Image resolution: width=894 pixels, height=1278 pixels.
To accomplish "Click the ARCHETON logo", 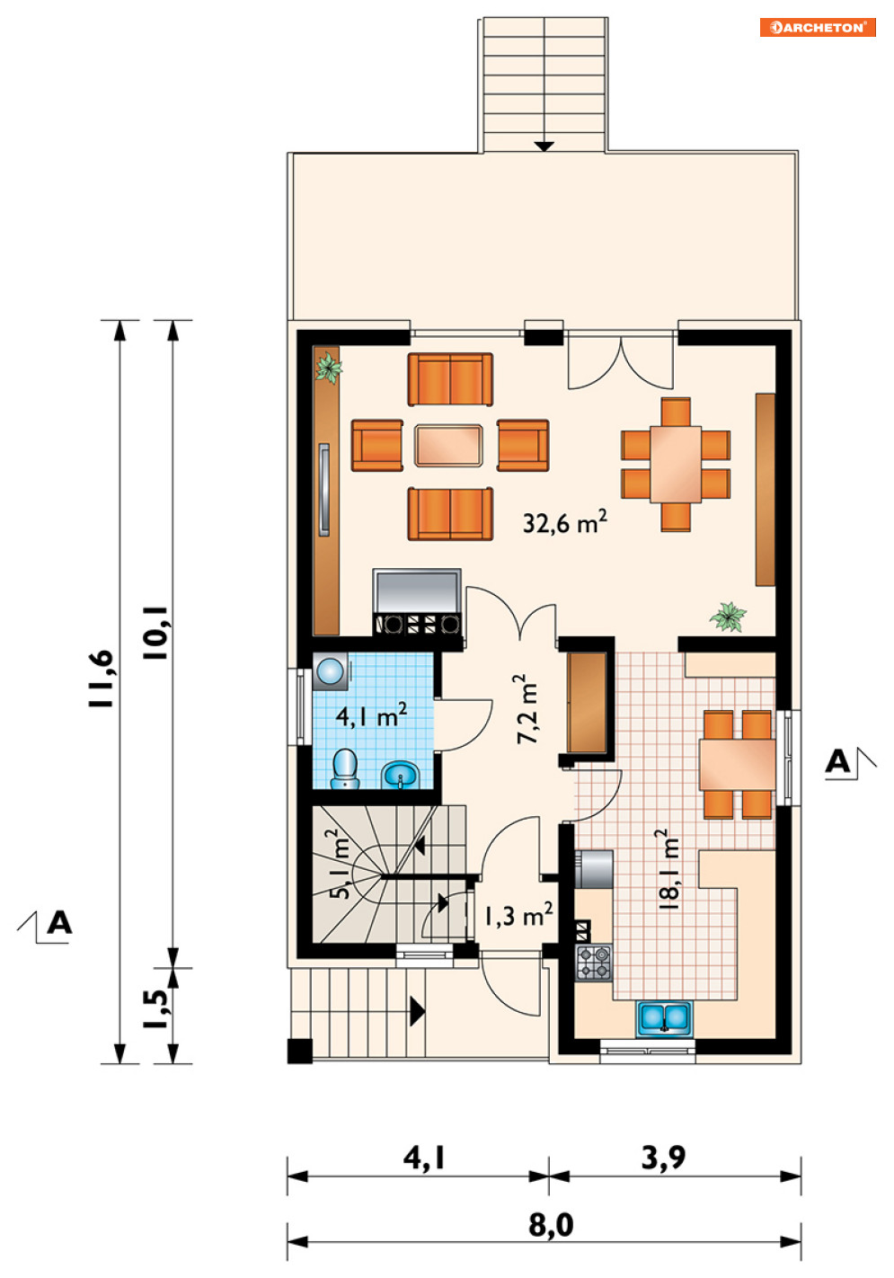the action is pyautogui.click(x=817, y=27).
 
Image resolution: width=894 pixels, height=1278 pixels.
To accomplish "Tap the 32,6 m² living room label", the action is pyautogui.click(x=564, y=522).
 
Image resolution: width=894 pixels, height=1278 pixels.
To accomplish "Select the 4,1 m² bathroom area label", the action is pyautogui.click(x=371, y=714).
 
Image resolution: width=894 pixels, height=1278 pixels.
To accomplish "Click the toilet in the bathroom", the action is pyautogui.click(x=345, y=769).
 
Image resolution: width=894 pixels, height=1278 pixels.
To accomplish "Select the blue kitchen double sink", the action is pyautogui.click(x=664, y=1018).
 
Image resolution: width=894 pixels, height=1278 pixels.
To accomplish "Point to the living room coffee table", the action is pyautogui.click(x=448, y=446).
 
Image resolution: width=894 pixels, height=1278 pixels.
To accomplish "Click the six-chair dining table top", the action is pyautogui.click(x=676, y=464).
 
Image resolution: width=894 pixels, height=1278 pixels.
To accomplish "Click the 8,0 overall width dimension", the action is pyautogui.click(x=551, y=1225).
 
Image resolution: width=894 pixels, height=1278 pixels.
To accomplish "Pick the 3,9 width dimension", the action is pyautogui.click(x=663, y=1158).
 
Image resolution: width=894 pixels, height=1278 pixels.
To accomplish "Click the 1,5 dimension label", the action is pyautogui.click(x=155, y=1009).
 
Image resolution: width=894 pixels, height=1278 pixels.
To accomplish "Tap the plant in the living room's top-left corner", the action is pyautogui.click(x=329, y=368).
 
